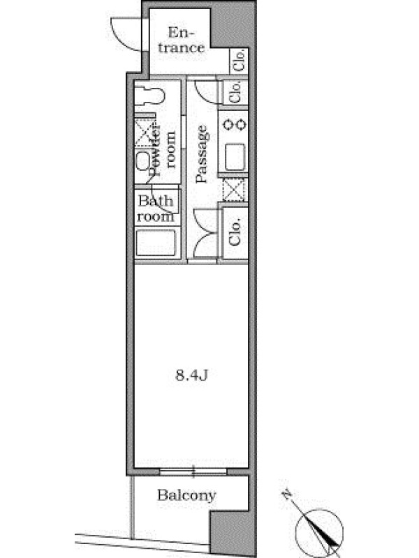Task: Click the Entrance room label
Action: point(182,40)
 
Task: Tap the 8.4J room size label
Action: point(191,375)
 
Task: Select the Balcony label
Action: point(186,495)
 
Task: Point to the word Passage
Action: point(201,154)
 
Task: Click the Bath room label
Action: point(156,209)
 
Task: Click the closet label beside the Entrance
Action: point(238,60)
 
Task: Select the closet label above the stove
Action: point(235,92)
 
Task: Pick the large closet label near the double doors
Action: point(235,232)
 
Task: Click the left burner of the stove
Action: point(228,125)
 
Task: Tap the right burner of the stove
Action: point(241,125)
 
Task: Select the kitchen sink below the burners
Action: point(235,157)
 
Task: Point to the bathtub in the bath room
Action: point(156,243)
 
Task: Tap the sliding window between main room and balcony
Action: point(193,472)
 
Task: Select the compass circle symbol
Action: point(320,533)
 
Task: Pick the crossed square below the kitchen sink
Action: point(234,190)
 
